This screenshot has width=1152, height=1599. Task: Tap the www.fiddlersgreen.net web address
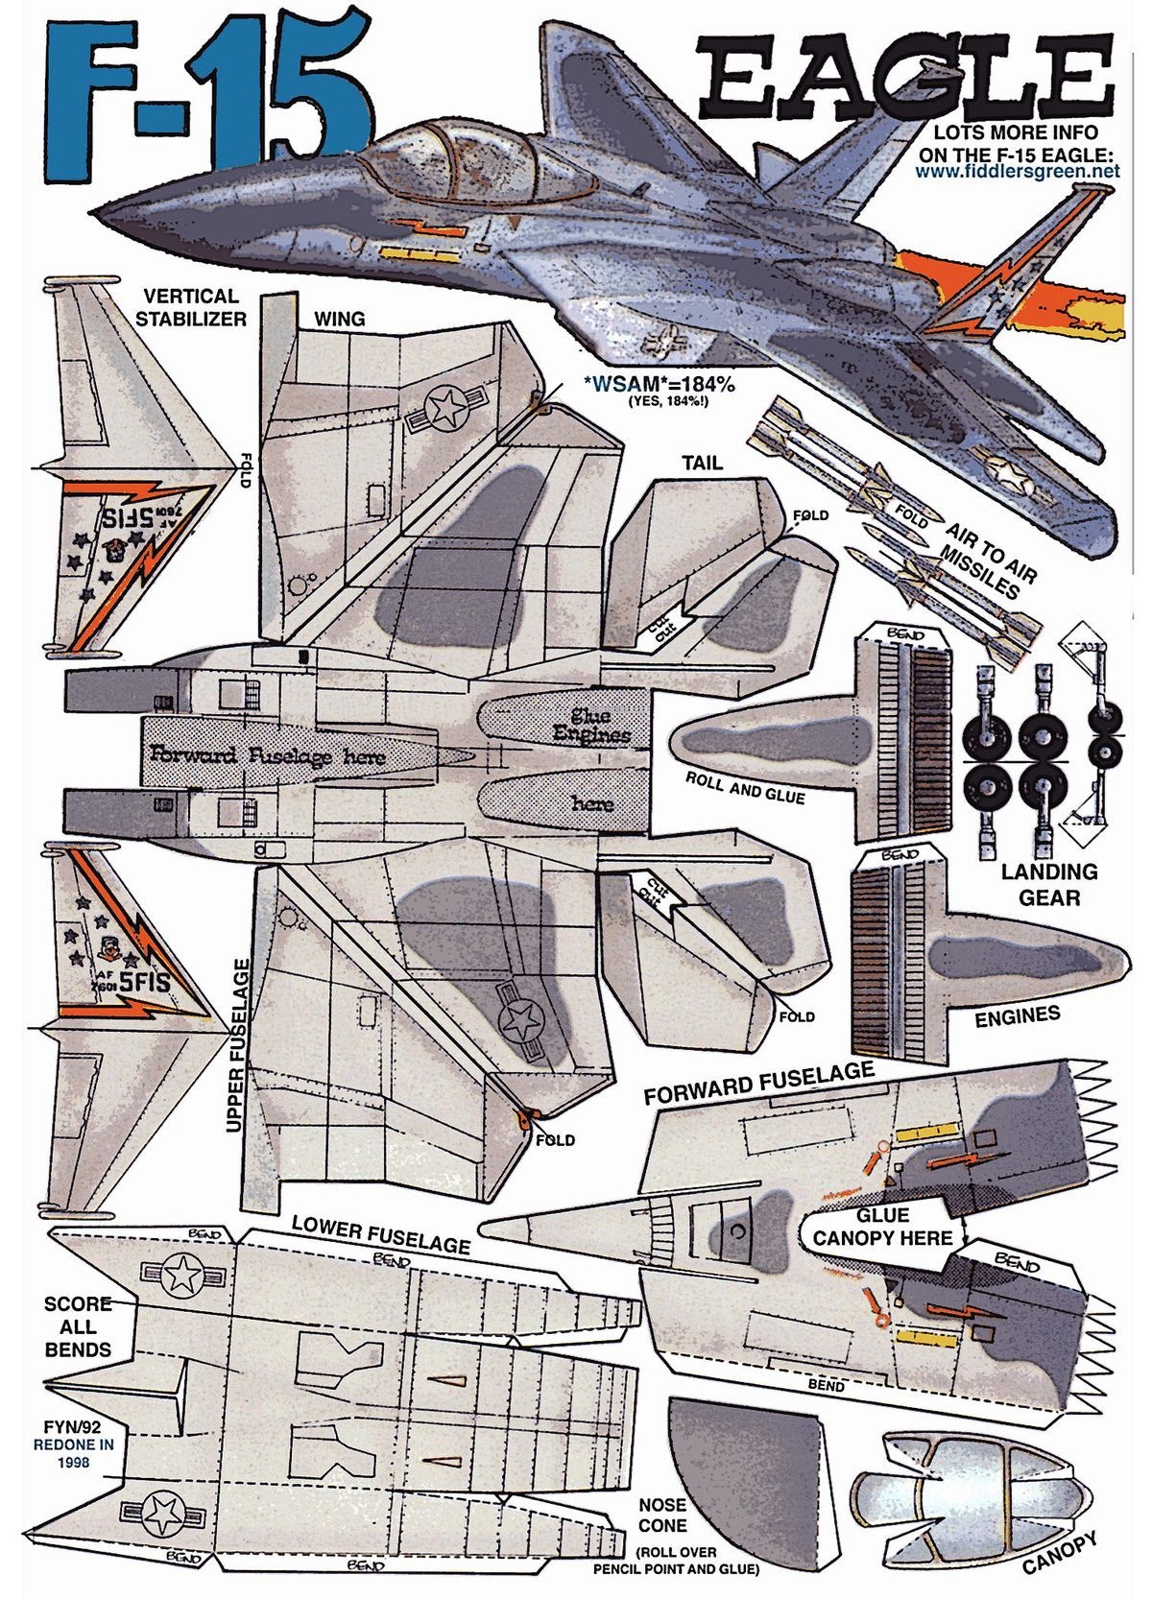1017,172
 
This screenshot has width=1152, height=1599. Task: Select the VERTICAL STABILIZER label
190,307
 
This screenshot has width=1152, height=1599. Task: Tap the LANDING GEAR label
1048,884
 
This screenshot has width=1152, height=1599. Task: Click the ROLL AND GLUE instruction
745,787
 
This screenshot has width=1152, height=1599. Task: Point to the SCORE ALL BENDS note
78,1325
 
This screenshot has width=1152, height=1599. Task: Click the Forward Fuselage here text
267,755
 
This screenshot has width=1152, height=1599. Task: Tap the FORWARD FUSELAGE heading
758,1083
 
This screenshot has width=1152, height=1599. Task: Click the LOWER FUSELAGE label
381,1234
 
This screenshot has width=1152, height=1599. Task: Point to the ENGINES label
1017,1015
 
